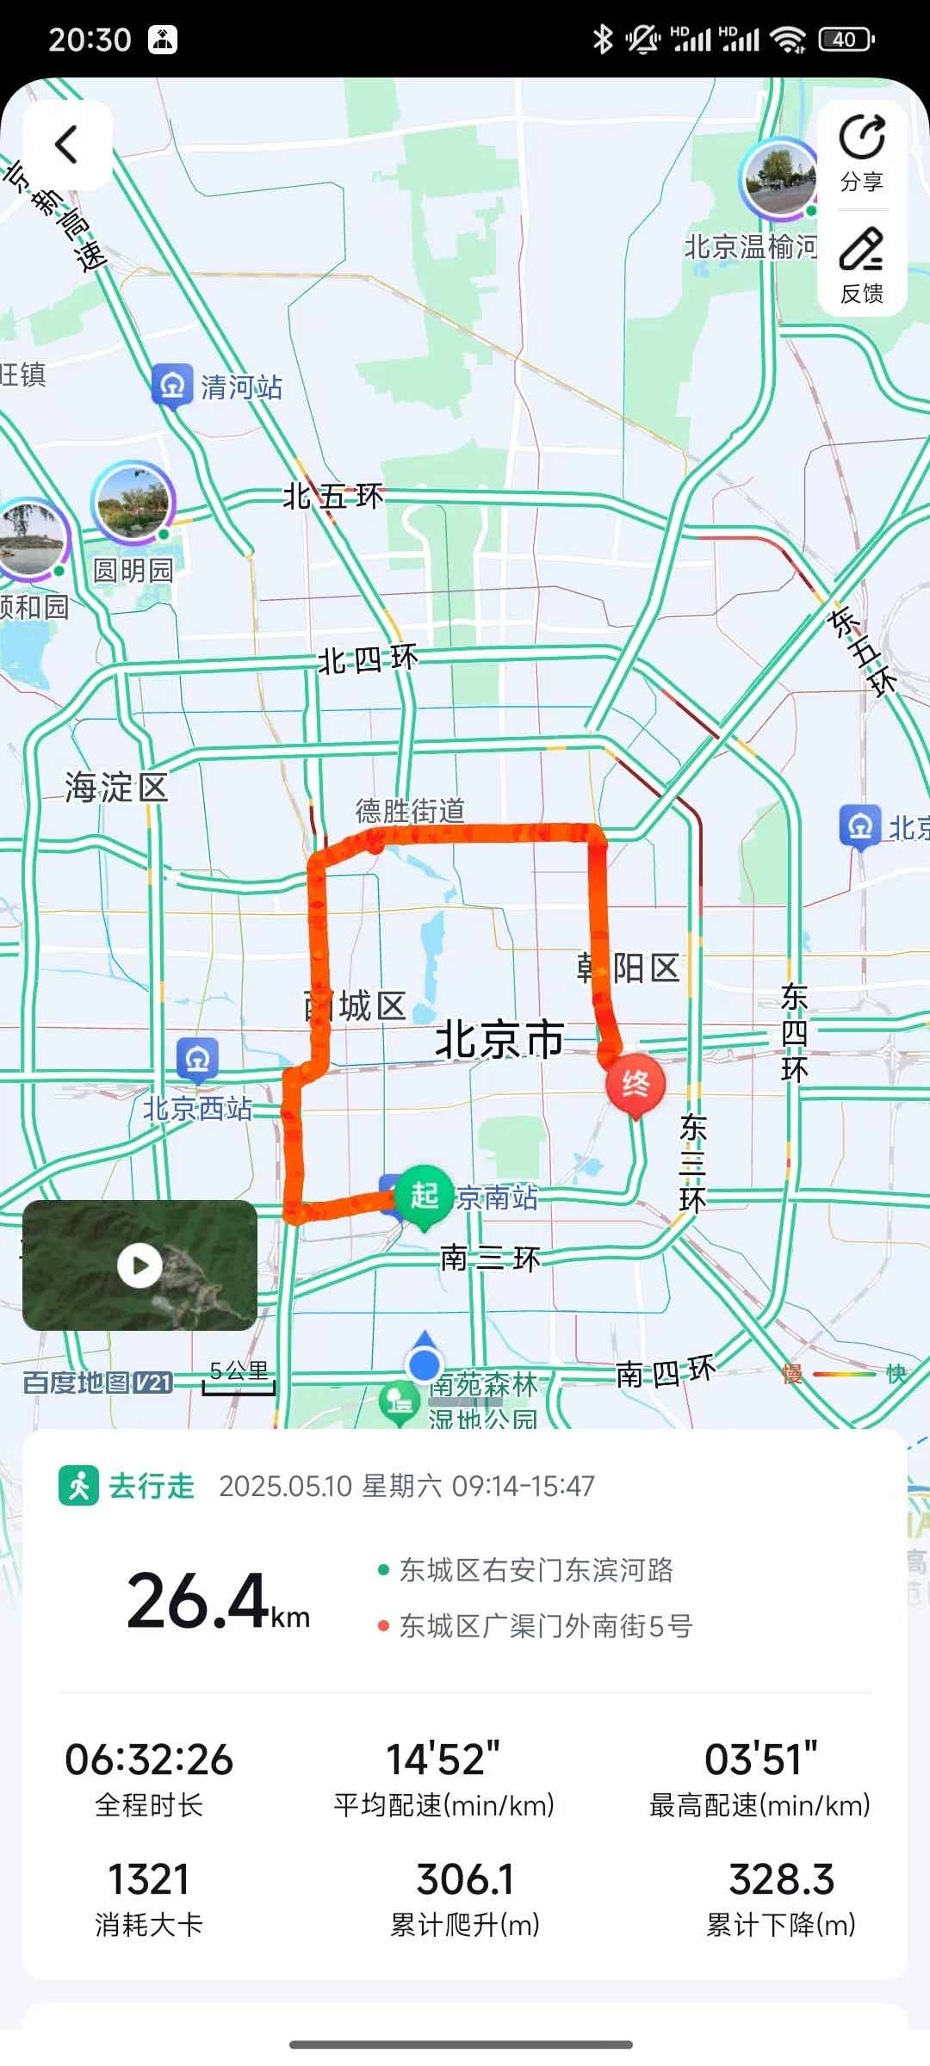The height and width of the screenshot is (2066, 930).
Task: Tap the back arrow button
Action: click(67, 145)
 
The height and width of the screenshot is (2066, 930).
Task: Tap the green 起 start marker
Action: click(424, 1194)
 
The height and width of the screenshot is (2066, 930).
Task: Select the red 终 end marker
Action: click(635, 1084)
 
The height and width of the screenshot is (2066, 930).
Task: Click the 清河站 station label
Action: click(241, 387)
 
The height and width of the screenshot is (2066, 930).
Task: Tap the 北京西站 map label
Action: click(197, 1108)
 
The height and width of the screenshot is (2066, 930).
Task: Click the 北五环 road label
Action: click(333, 497)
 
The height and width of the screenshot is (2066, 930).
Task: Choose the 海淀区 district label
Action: click(116, 788)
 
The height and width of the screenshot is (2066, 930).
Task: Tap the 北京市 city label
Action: click(499, 1040)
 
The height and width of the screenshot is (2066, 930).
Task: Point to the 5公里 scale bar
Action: click(239, 1378)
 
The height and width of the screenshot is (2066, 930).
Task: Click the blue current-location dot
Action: click(424, 1364)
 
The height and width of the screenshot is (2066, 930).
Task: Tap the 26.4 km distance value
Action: click(217, 1601)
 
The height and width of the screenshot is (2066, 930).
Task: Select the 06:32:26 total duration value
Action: click(149, 1760)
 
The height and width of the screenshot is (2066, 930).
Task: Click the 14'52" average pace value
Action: click(443, 1760)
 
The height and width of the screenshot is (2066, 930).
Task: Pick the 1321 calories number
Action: click(148, 1878)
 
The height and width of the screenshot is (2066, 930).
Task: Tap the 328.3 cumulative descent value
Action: click(781, 1878)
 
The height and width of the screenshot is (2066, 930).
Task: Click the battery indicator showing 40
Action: click(846, 40)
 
